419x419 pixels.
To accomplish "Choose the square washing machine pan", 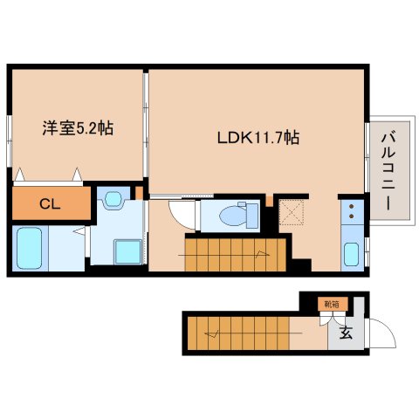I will [x=126, y=251].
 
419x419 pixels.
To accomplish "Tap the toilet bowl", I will [x=237, y=214].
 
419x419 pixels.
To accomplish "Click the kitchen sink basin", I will [x=351, y=255].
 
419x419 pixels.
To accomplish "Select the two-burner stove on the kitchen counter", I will [x=351, y=212].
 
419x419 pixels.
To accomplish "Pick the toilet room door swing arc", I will [x=181, y=212].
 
